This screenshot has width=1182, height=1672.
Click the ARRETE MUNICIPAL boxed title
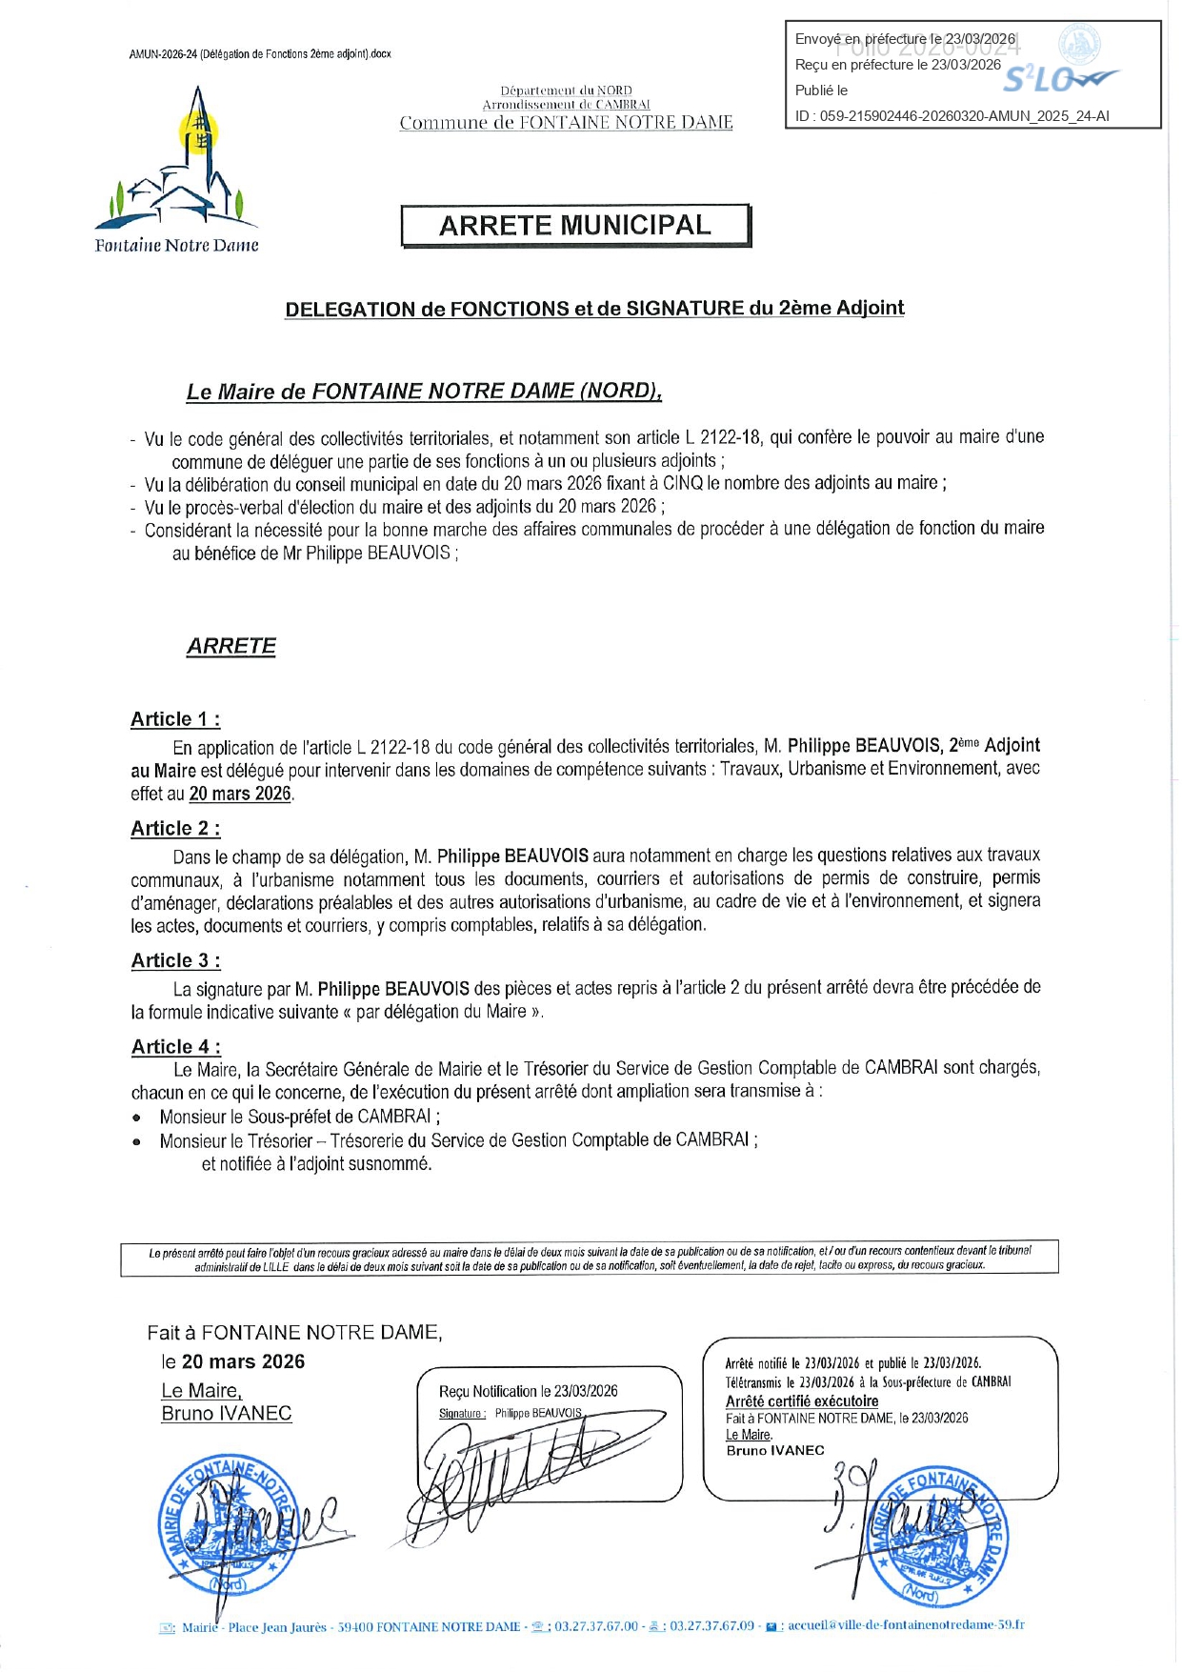pos(575,226)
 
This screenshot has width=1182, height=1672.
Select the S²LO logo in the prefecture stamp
pos(1059,78)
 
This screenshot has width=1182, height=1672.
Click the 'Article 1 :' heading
pos(175,719)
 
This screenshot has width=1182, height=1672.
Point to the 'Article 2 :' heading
pos(175,829)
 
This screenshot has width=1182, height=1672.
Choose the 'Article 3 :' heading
pos(175,961)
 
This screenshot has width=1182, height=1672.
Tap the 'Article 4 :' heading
pos(176,1047)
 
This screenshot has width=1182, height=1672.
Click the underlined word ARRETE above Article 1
pos(231,646)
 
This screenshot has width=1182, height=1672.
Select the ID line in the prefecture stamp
pos(952,116)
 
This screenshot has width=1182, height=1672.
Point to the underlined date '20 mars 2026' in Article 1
pos(240,794)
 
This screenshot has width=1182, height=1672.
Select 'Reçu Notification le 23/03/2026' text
pos(528,1391)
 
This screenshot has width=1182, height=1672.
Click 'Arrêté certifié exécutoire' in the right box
pos(802,1401)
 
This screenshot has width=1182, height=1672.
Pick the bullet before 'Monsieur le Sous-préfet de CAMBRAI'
pos(137,1118)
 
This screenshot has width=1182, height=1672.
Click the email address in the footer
pos(906,1626)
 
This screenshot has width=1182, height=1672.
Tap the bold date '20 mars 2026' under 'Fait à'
pos(243,1361)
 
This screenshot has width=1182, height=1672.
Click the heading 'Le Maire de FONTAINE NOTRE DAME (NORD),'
pos(424,392)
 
